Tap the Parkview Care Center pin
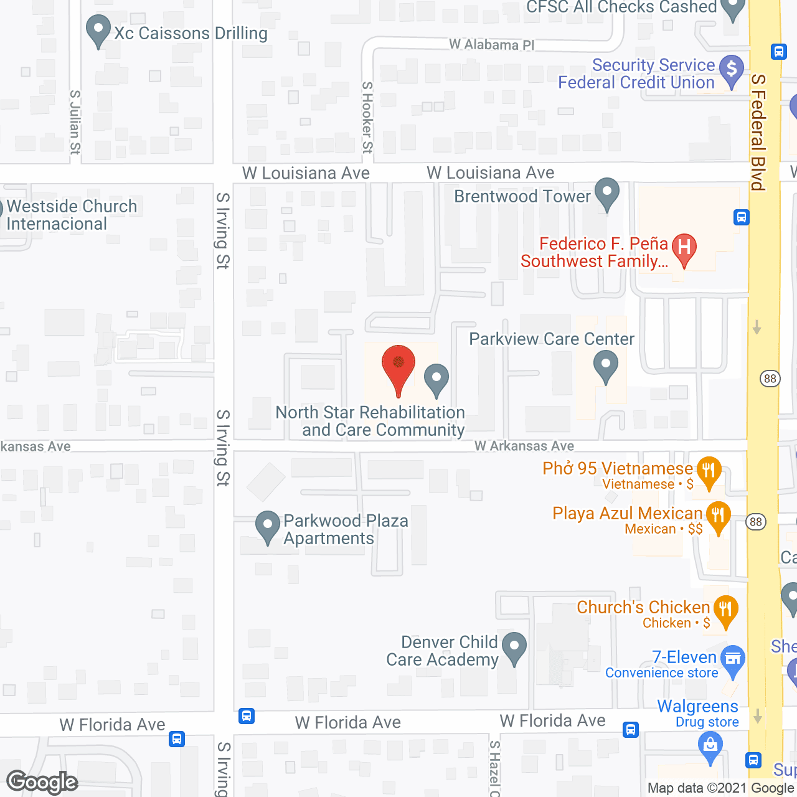tap(605, 365)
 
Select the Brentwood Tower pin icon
tap(606, 193)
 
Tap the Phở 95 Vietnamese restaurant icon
tap(709, 471)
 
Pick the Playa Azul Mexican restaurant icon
tap(718, 517)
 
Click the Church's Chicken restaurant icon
tap(725, 610)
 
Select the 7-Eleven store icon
tap(733, 660)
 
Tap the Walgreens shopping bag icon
tap(710, 746)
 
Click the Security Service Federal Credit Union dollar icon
tap(732, 70)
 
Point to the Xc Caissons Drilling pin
tap(98, 31)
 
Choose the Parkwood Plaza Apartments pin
tap(268, 526)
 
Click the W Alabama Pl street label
tap(492, 45)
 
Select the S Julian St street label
tap(75, 122)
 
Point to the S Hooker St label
tap(367, 117)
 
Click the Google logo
tap(42, 782)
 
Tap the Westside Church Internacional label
tap(72, 215)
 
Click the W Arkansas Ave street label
tap(524, 446)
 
